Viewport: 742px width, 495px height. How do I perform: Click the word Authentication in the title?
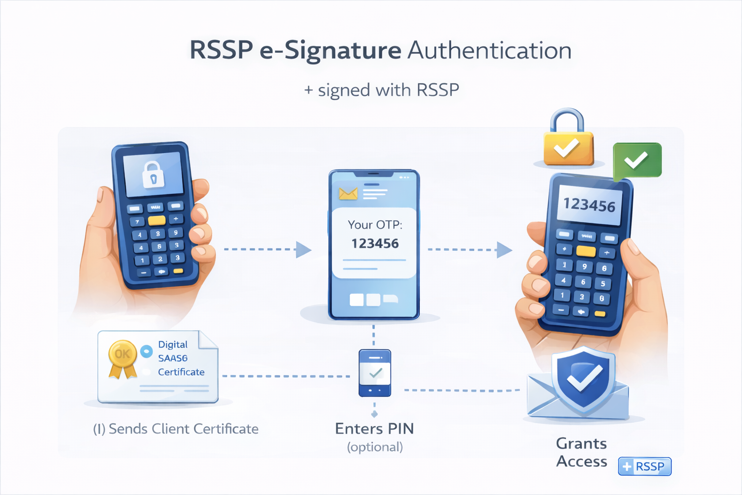click(490, 51)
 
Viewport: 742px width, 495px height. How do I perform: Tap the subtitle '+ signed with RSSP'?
click(382, 90)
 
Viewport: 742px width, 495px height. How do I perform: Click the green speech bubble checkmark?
click(637, 160)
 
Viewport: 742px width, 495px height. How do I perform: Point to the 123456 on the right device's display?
click(589, 205)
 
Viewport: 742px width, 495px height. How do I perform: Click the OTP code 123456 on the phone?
click(375, 243)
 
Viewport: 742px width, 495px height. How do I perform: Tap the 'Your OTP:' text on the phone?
click(375, 225)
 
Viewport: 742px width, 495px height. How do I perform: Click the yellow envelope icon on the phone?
click(348, 194)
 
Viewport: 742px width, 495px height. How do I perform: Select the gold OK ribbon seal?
click(122, 358)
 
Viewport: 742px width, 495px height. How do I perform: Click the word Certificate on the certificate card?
click(181, 372)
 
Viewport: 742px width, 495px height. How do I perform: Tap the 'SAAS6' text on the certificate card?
click(172, 358)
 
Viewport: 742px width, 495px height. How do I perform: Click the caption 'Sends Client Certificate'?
click(183, 429)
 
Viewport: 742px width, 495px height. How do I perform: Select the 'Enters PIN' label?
click(374, 429)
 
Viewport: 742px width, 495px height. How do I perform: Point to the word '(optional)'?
click(375, 447)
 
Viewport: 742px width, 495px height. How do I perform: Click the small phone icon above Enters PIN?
click(375, 373)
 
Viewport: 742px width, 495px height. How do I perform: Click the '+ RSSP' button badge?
click(644, 466)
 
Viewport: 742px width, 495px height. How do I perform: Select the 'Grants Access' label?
click(581, 452)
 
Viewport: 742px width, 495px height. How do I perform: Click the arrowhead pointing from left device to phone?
click(303, 249)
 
